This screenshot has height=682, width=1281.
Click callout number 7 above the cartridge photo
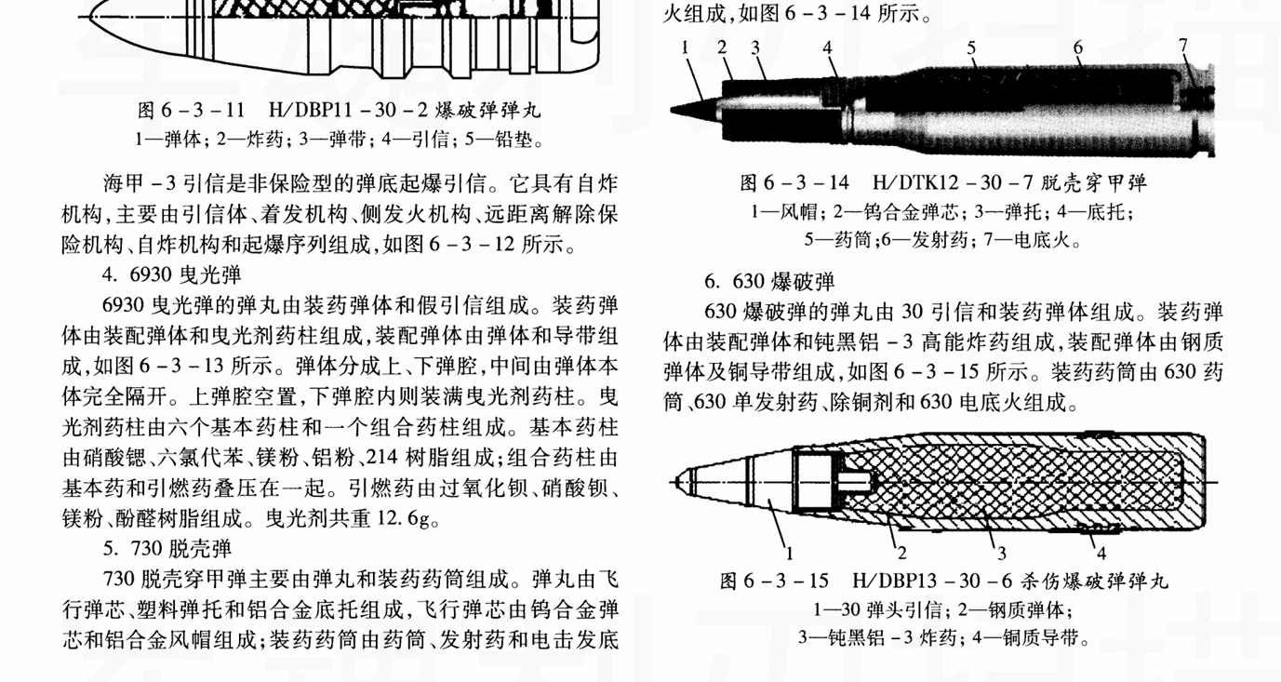point(1182,45)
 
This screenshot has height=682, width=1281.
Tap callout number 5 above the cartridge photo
point(970,47)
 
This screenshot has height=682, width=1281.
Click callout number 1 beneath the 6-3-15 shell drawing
point(789,554)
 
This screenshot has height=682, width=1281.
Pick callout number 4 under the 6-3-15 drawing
point(1101,555)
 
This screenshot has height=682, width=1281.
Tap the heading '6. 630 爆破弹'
point(769,281)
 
